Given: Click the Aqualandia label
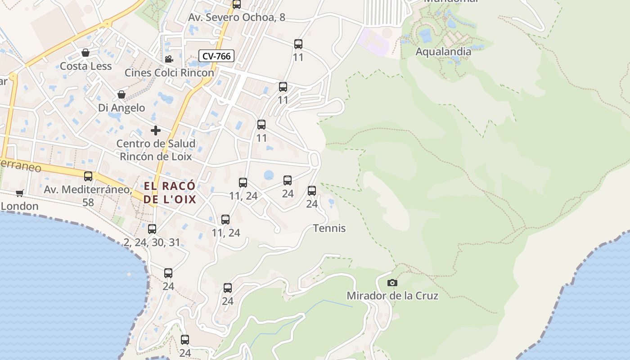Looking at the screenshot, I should tap(443, 51).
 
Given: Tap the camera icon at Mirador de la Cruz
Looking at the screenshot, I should tap(392, 283).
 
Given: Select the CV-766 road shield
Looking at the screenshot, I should tap(216, 56).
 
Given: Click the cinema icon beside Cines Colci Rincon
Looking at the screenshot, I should tap(169, 59).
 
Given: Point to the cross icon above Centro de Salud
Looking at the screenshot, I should tap(156, 130).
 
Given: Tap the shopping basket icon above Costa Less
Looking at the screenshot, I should tap(85, 53).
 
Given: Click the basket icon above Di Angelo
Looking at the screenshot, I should tap(121, 94).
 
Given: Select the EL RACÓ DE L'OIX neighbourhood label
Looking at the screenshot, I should tap(170, 193).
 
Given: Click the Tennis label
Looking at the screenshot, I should tap(329, 228).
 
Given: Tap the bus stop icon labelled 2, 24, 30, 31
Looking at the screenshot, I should tap(152, 229).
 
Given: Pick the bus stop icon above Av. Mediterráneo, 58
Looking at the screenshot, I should tap(88, 176).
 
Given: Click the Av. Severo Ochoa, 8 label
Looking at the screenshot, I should tap(237, 18).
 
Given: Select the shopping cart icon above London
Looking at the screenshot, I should tap(19, 193).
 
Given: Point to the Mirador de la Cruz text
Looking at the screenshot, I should tap(392, 296).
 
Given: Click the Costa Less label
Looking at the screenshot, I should tap(85, 66).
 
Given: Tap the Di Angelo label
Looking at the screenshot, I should tap(121, 108).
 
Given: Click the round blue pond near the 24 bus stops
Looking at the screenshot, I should tap(269, 175).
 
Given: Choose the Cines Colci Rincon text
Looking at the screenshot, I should tap(169, 73).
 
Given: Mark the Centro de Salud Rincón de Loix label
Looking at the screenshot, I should tap(156, 150).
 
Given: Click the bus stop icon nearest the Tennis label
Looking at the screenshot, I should tap(312, 191).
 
